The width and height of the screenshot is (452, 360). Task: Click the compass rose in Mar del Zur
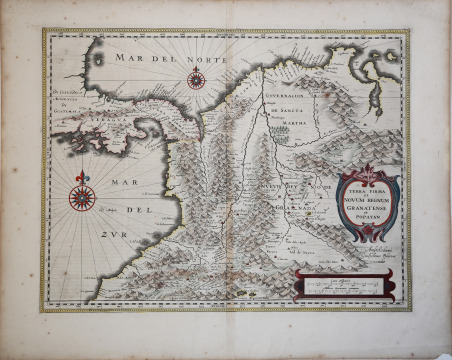81,195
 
